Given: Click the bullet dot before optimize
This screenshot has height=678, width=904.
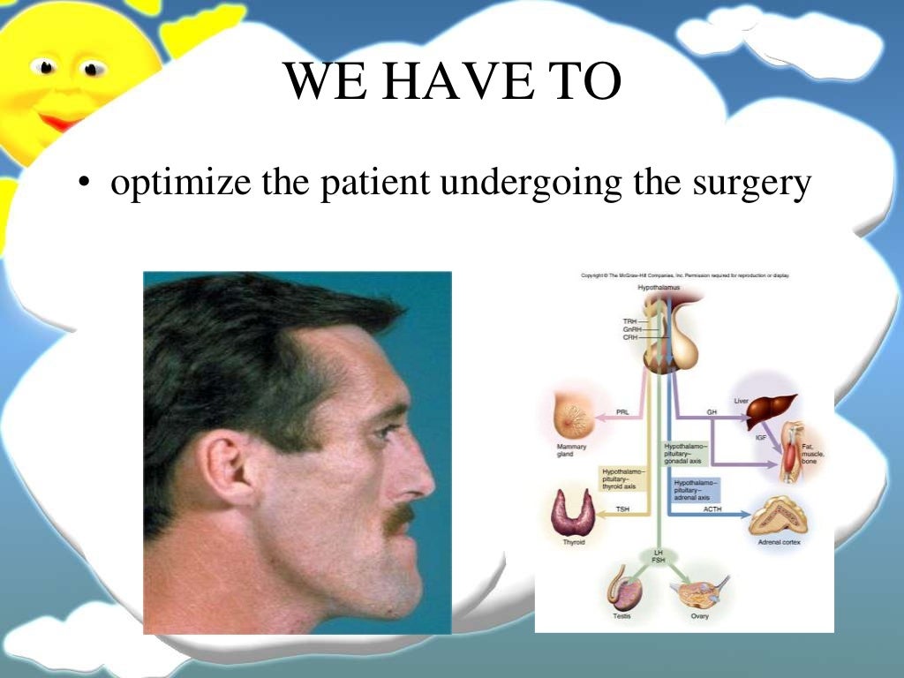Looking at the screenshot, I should pyautogui.click(x=84, y=185).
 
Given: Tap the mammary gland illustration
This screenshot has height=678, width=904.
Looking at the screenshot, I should pyautogui.click(x=574, y=415).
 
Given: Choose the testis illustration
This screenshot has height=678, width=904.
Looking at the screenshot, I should pyautogui.click(x=622, y=589).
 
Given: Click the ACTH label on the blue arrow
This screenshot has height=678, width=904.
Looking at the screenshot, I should pyautogui.click(x=712, y=509).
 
